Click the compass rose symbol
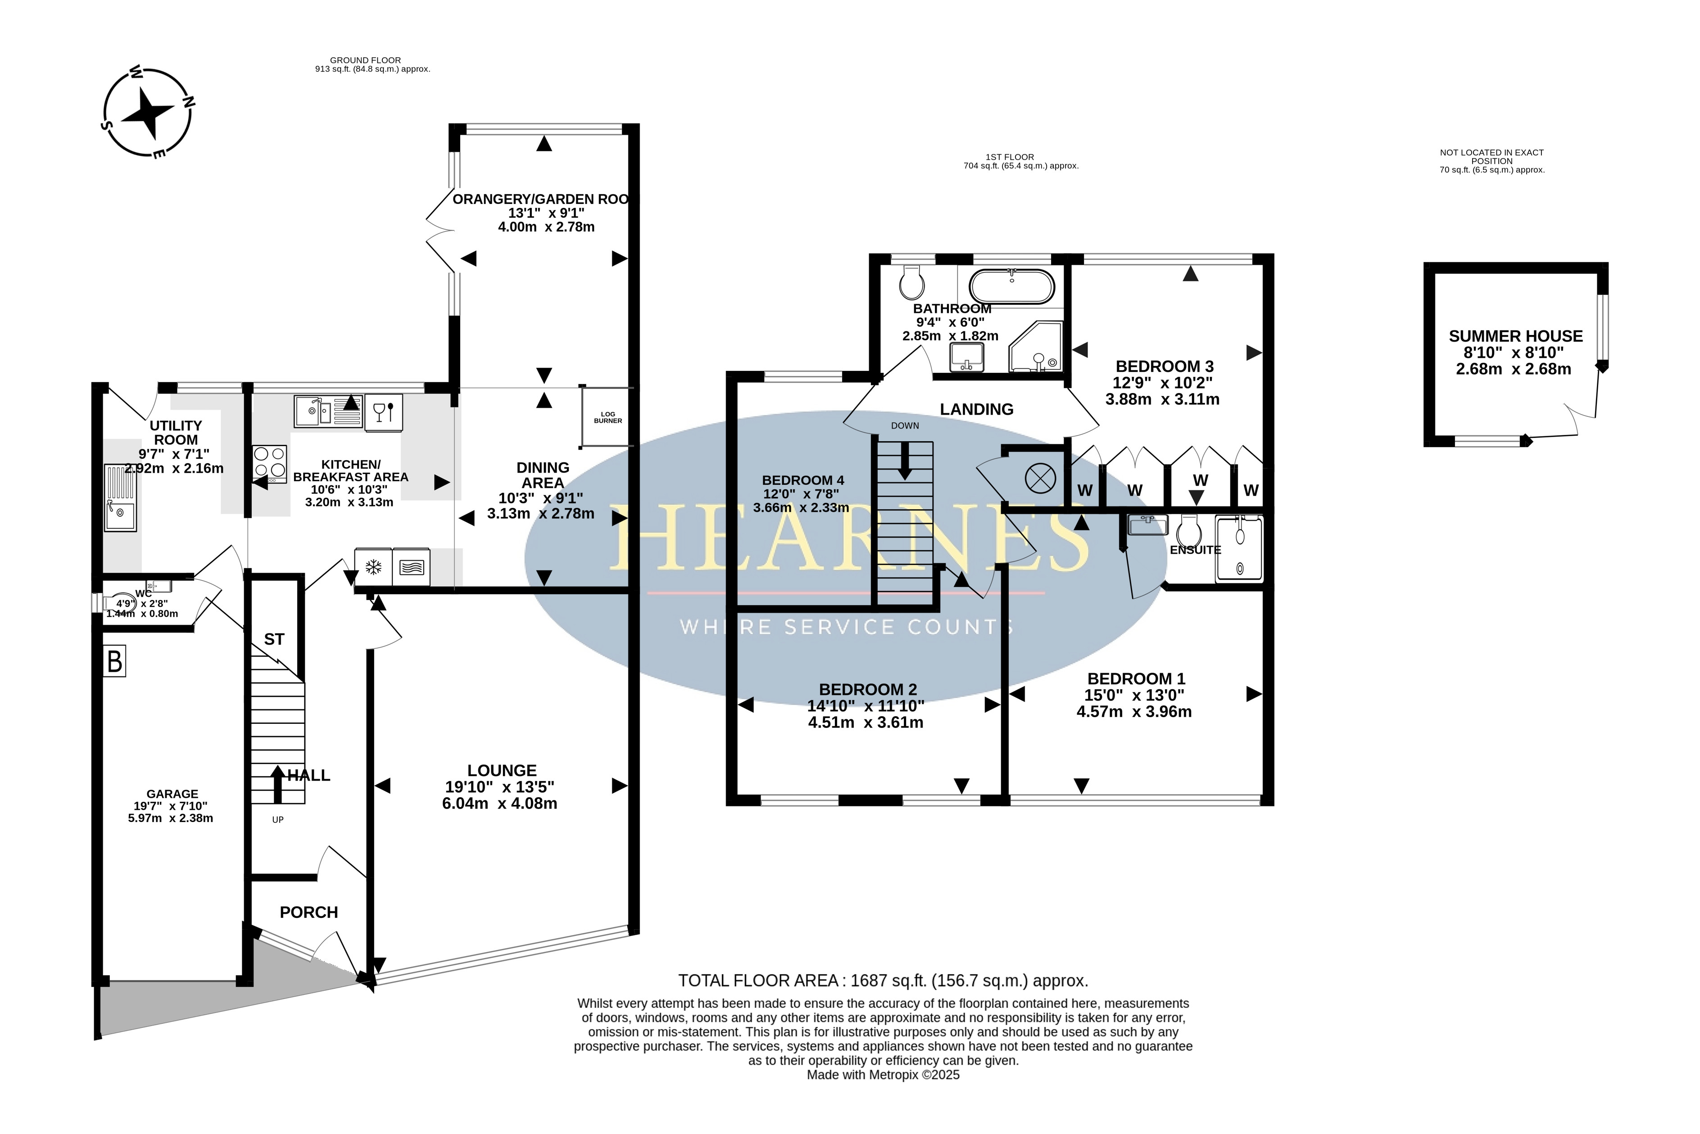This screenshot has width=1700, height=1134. [148, 112]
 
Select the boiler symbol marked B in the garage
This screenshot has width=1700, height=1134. [114, 661]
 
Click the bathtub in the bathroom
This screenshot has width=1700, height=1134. [1011, 286]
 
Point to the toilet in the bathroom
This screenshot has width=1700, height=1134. [911, 282]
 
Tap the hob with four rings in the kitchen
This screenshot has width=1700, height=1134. [270, 464]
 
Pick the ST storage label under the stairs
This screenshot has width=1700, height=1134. [274, 639]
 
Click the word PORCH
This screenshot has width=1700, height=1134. [309, 912]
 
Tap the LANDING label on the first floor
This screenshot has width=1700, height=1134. [977, 409]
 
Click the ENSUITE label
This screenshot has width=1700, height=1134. [1195, 550]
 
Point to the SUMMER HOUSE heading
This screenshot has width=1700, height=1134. [1515, 336]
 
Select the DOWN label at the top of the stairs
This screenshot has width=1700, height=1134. [905, 426]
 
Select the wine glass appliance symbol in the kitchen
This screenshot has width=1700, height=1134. [383, 413]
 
